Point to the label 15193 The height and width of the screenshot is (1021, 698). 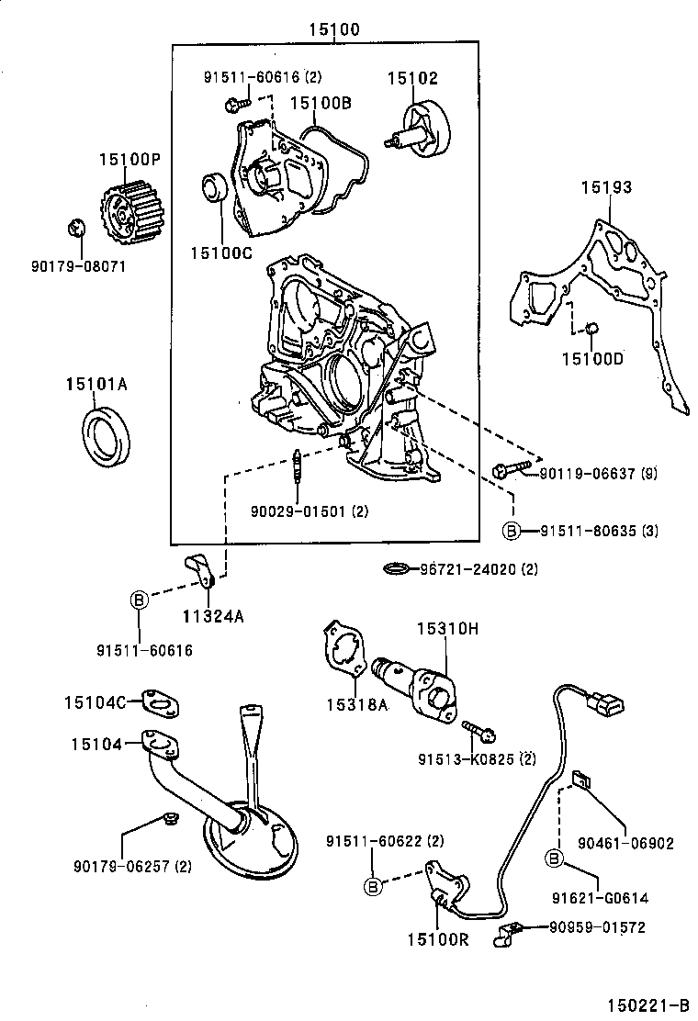point(605,187)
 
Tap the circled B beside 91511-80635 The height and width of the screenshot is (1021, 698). point(511,531)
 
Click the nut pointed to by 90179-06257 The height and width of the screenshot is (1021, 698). point(168,818)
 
